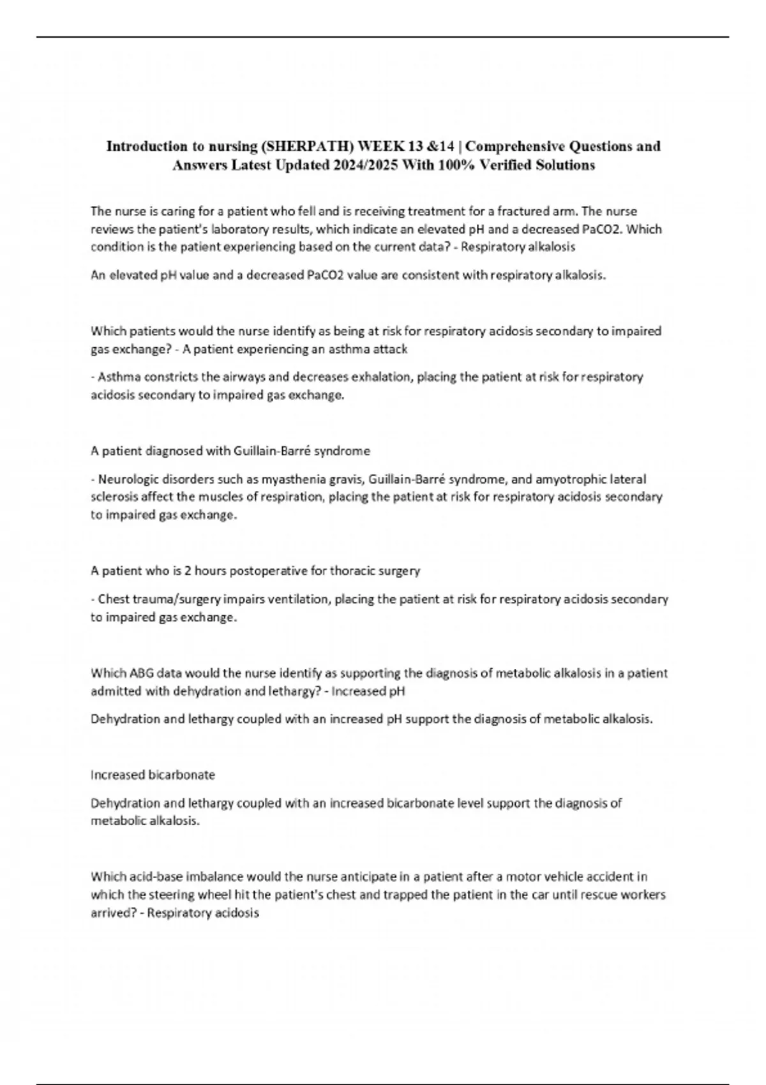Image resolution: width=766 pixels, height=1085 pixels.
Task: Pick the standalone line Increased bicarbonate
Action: pos(153,775)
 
